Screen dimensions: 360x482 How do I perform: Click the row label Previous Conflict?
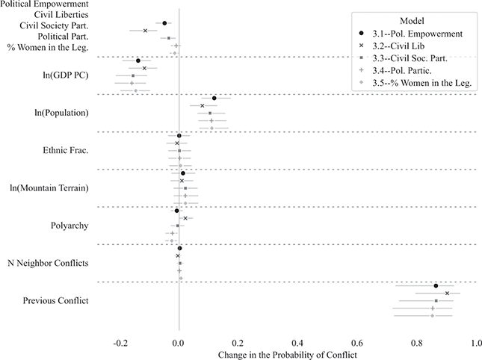[x=56, y=301]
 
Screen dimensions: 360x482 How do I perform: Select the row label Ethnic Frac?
[x=67, y=151]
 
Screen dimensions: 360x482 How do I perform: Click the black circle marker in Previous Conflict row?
[x=436, y=286]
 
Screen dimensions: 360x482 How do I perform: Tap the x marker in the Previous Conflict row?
[x=447, y=294]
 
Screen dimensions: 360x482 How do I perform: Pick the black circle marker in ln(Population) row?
[x=214, y=99]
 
